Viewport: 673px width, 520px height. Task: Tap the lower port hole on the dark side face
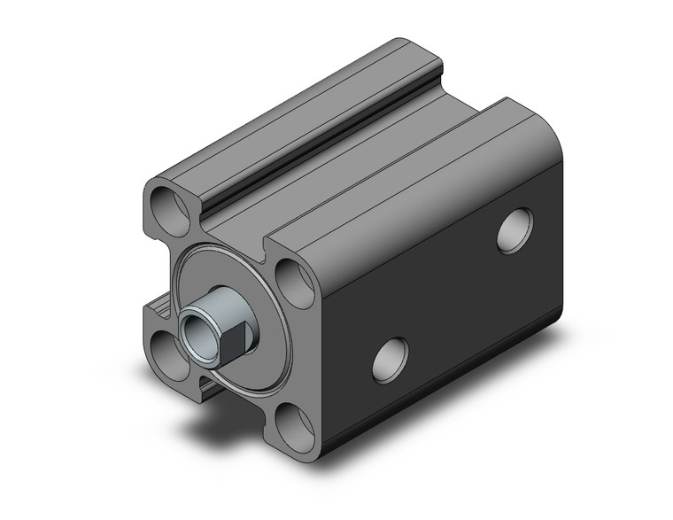(390, 358)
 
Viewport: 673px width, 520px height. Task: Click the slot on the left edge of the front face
(158, 306)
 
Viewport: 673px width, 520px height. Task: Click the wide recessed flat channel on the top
(372, 151)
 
